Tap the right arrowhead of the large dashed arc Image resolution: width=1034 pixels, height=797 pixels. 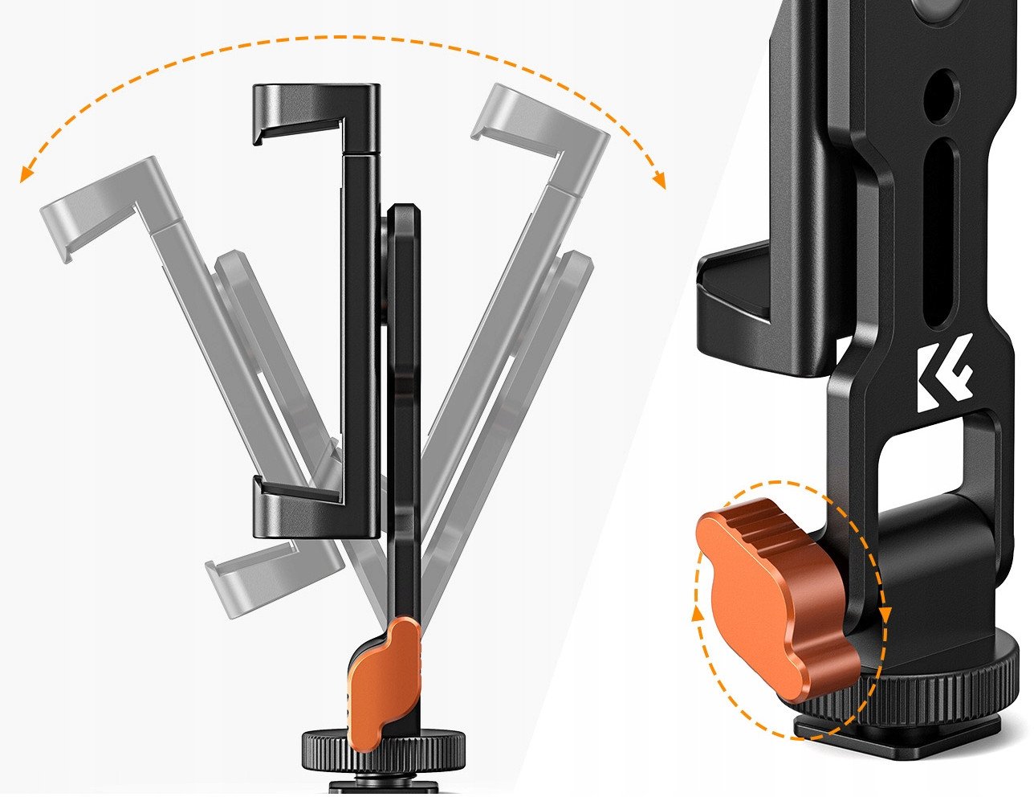tap(660, 181)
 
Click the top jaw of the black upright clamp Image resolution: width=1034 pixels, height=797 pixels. tap(314, 112)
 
